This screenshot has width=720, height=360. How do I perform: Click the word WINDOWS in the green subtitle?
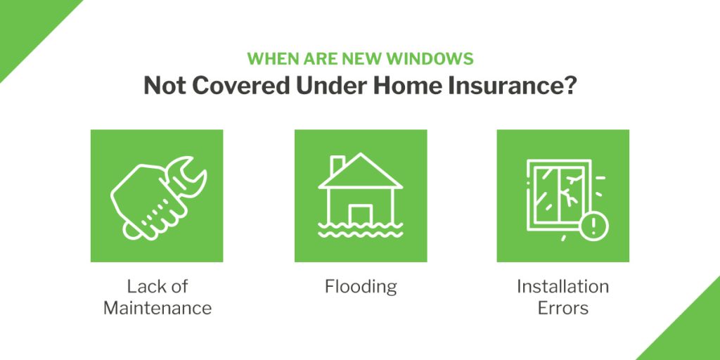[x=430, y=59]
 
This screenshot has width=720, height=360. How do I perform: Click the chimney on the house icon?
[x=338, y=165]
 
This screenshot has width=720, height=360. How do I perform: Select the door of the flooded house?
[x=361, y=214]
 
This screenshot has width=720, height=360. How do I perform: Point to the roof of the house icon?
[x=361, y=171]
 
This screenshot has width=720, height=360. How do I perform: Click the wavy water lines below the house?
[x=361, y=231]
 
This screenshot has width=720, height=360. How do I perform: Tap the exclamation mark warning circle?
[x=593, y=226]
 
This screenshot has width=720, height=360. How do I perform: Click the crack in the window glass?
[x=571, y=189]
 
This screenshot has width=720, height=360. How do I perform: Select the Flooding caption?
[x=361, y=287]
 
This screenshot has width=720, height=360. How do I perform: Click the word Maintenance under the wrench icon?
[x=157, y=308]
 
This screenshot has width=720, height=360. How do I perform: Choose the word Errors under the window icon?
[x=563, y=308]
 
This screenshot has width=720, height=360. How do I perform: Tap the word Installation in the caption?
[x=563, y=287]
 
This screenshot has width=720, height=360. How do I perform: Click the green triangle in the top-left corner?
[x=27, y=27]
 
